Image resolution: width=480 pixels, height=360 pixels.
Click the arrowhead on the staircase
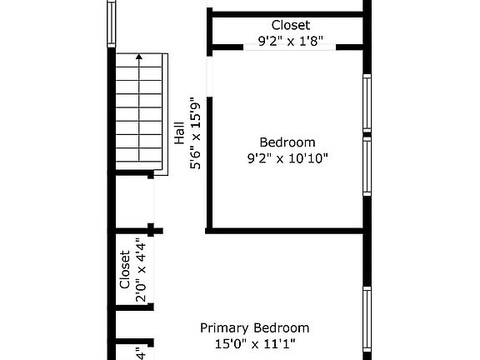pos(139,57)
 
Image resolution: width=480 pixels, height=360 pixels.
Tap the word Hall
pos(180,132)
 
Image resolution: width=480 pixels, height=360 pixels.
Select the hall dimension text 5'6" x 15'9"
pos(195,133)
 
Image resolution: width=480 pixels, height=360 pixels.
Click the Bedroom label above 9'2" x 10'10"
pos(287,142)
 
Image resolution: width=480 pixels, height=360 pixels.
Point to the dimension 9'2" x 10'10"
pos(287,158)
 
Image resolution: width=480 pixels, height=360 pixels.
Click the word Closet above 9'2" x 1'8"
pos(291,25)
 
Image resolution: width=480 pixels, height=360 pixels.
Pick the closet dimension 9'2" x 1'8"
pos(291,41)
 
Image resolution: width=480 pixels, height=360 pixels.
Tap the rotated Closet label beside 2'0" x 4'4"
pos(125,269)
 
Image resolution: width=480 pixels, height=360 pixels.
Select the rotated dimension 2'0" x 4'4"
pos(141,270)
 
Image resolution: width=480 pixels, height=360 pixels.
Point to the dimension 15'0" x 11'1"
pos(255,344)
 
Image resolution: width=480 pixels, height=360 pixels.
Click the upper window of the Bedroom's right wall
pos(367,103)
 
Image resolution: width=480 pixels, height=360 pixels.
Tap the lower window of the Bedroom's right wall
pos(367,166)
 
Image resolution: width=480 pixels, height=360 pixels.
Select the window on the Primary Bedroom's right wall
pos(367,319)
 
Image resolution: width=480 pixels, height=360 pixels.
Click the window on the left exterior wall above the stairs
pos(112,23)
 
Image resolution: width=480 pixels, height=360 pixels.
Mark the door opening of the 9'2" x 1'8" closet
pos(290,47)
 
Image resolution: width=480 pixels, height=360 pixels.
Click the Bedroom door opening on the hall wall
pos(210,77)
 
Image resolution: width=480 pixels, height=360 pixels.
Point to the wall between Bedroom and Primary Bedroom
pos(284,231)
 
